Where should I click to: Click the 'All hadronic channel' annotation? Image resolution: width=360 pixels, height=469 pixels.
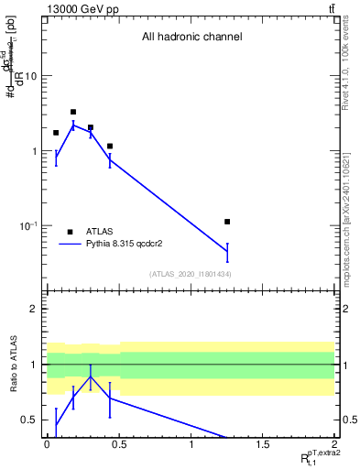[191, 38]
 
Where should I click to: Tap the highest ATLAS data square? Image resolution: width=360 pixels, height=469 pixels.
[73, 112]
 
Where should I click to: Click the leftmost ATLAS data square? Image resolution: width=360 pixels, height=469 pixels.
[56, 133]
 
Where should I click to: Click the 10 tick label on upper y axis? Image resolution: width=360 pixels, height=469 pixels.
[30, 76]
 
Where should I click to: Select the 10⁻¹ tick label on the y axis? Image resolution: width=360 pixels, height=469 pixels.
[28, 225]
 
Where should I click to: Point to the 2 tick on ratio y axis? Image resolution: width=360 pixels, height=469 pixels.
[33, 309]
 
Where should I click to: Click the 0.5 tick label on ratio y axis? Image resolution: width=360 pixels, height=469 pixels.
[28, 420]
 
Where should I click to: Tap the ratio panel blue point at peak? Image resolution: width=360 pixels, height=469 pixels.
[90, 376]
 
